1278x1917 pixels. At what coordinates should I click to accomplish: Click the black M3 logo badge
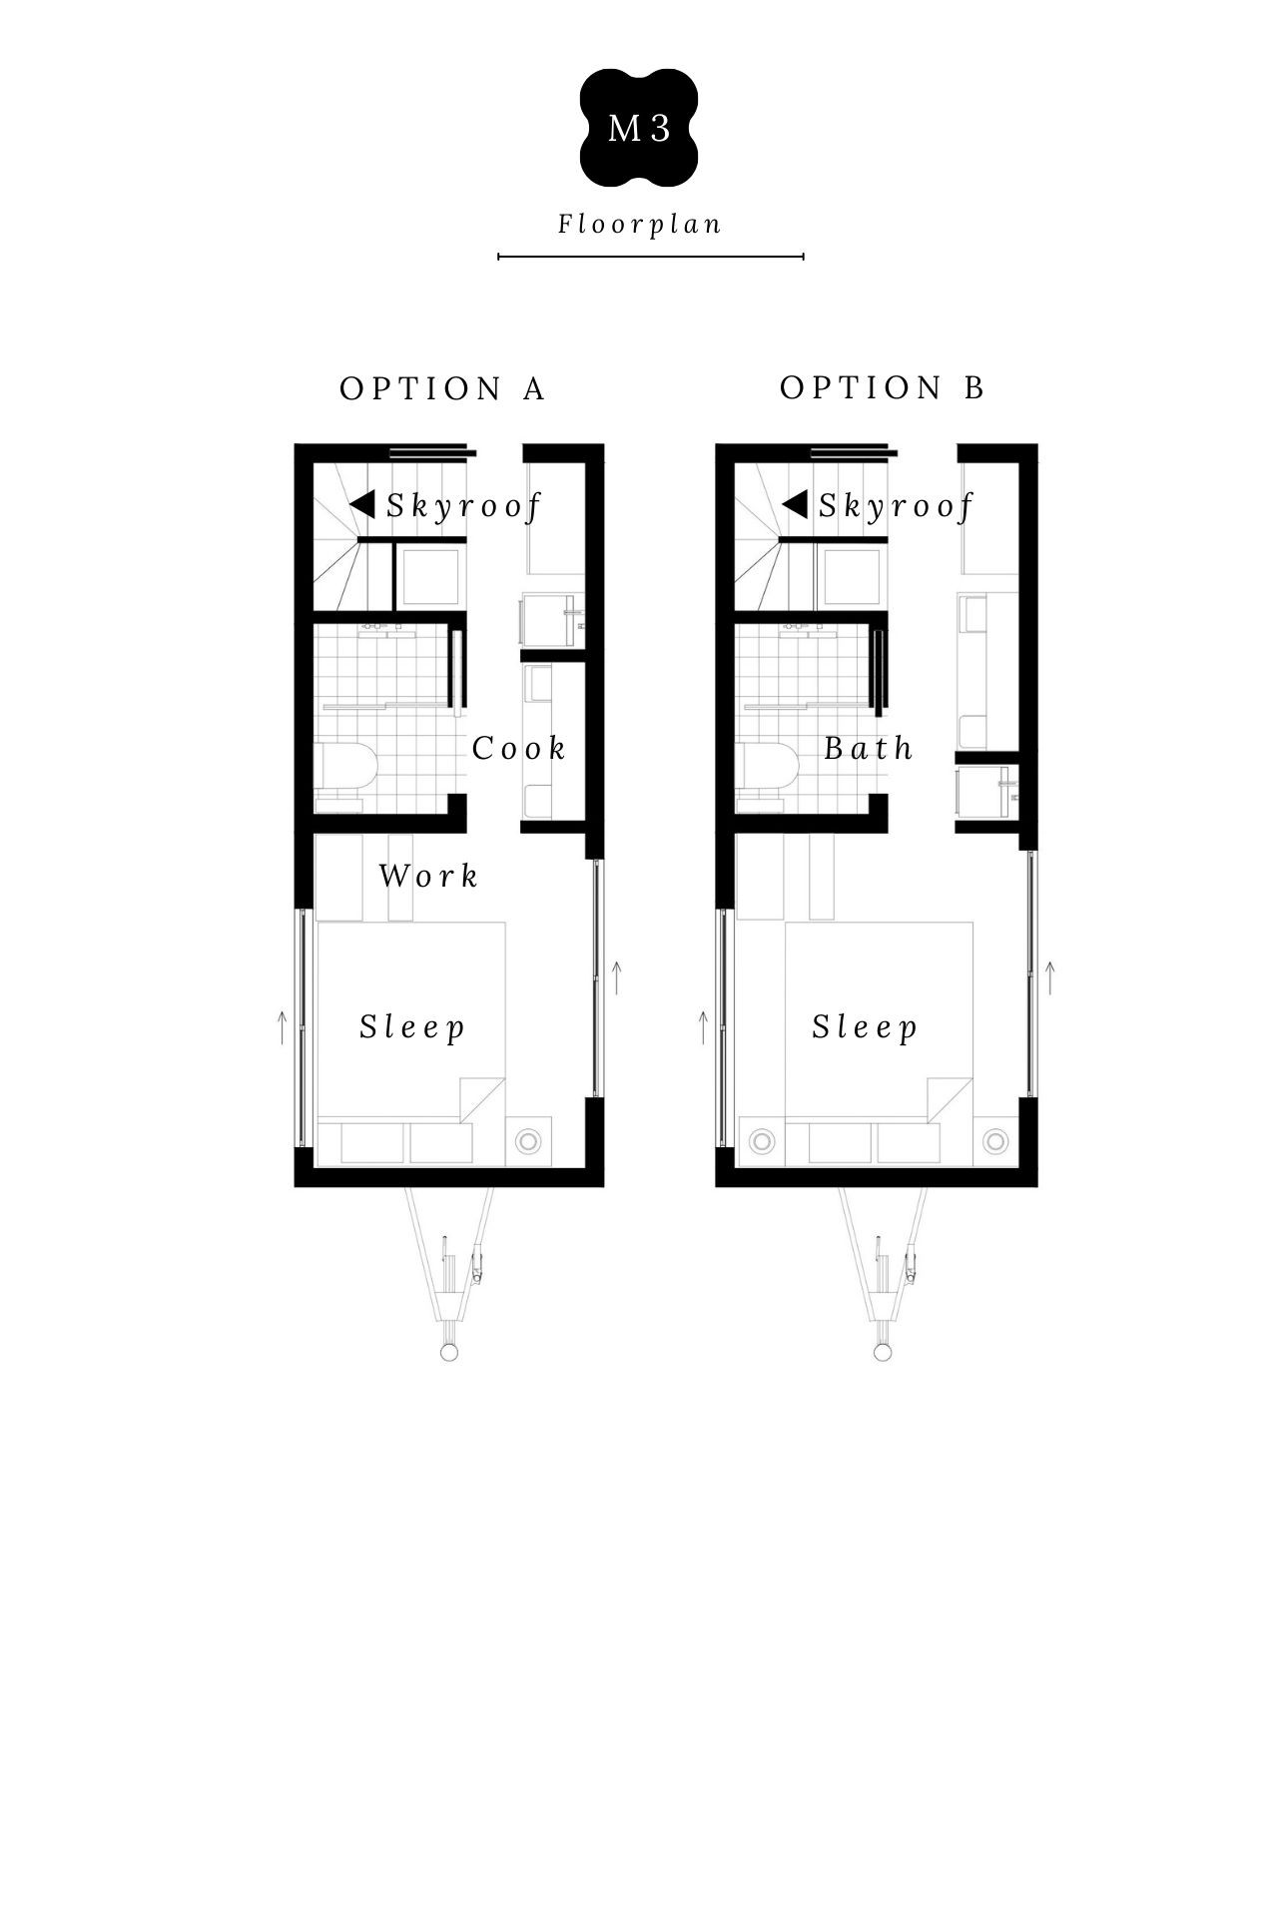[x=639, y=128]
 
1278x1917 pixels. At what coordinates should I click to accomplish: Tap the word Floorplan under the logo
[x=640, y=224]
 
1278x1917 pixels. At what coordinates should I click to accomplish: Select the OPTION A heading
[x=442, y=388]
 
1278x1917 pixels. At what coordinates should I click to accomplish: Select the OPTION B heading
[x=883, y=387]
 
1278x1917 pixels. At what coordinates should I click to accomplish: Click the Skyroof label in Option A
[x=463, y=505]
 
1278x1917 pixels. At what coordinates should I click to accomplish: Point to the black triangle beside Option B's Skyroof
[x=795, y=504]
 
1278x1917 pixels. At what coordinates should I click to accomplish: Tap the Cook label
[x=518, y=748]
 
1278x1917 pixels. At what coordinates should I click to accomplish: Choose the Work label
[x=428, y=876]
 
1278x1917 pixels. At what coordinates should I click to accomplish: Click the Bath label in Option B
[x=869, y=748]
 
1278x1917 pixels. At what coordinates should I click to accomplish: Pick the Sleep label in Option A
[x=412, y=1027]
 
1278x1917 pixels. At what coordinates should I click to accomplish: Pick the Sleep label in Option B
[x=865, y=1027]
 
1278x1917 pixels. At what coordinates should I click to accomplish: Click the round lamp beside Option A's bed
[x=527, y=1140]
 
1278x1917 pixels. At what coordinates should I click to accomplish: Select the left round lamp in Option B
[x=762, y=1140]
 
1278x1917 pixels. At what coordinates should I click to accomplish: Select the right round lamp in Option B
[x=994, y=1140]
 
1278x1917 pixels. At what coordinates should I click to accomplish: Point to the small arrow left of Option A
[x=283, y=1027]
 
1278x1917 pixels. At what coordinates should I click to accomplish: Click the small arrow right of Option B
[x=1049, y=977]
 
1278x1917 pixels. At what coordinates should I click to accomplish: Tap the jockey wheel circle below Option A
[x=449, y=1352]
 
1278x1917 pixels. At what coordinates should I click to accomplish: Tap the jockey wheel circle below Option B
[x=883, y=1352]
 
